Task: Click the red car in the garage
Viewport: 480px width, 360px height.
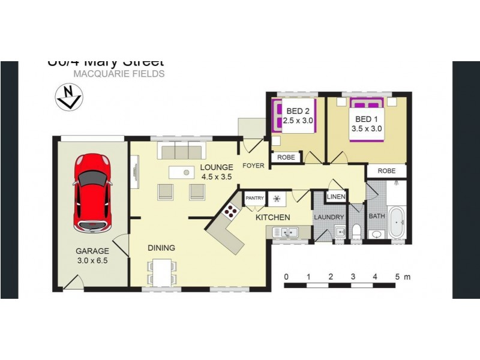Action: click(x=92, y=193)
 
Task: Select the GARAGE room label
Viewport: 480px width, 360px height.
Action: click(x=92, y=251)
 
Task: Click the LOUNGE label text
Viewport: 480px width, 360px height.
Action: click(x=216, y=167)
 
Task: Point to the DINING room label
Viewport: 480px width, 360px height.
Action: click(x=161, y=248)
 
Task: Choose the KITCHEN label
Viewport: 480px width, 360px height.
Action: click(x=273, y=217)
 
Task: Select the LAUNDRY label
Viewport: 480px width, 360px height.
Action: click(x=329, y=217)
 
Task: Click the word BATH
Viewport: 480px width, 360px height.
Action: click(x=377, y=216)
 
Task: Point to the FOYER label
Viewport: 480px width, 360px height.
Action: click(x=254, y=166)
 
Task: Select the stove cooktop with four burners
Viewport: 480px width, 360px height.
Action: click(x=230, y=211)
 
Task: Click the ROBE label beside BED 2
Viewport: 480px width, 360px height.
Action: click(x=285, y=157)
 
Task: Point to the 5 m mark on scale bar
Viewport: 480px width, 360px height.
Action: click(x=397, y=277)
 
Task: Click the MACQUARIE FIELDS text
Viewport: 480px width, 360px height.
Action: click(x=119, y=74)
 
